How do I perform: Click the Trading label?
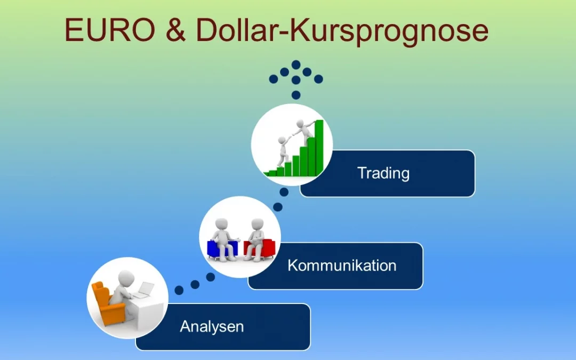[x=383, y=173]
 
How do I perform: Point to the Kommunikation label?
[x=342, y=266]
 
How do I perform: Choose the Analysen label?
[x=212, y=326]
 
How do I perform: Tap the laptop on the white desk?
[x=143, y=291]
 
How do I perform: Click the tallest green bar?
[x=319, y=147]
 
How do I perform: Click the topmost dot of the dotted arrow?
[x=296, y=64]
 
